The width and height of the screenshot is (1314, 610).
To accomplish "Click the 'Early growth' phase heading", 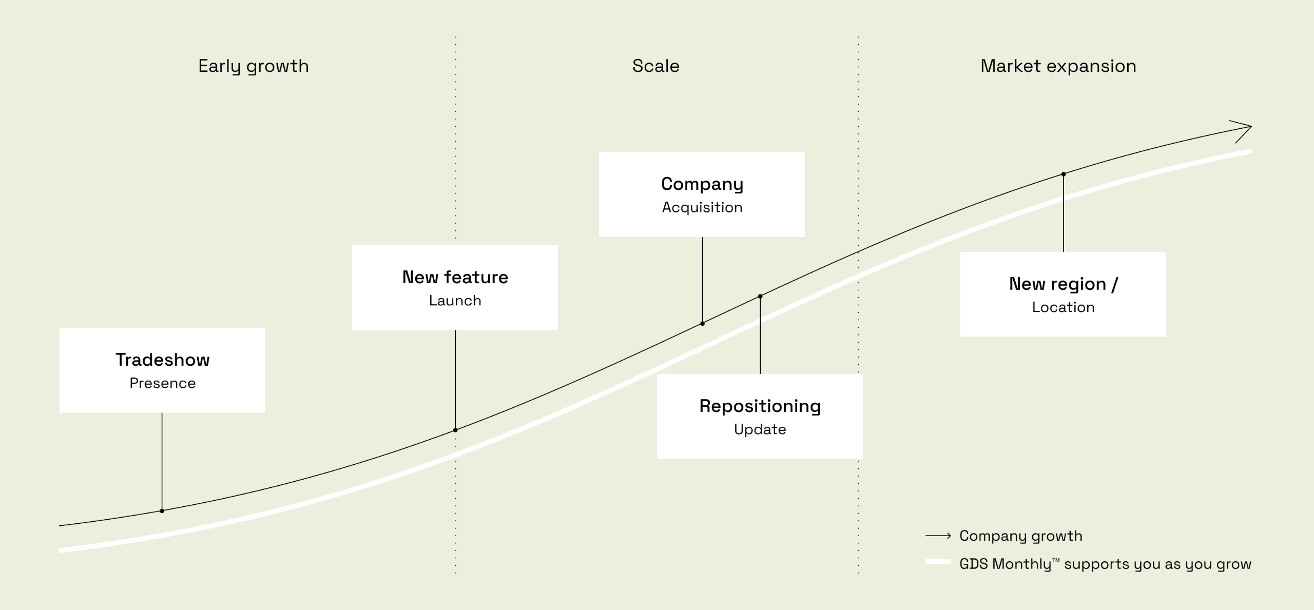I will coord(254,66).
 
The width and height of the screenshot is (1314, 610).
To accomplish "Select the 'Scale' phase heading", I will coord(655,66).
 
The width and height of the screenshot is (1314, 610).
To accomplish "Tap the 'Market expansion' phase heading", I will coord(1058,66).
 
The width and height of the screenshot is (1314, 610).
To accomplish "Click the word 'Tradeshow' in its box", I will coord(162,360).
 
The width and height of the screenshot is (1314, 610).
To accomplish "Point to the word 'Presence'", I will coord(162,383).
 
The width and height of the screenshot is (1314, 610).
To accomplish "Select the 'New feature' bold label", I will coord(455,277).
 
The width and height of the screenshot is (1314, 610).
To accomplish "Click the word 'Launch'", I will coord(455,301).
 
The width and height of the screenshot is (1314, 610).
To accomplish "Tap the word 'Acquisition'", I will coord(702,207).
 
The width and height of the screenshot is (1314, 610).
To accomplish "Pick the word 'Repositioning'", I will coord(760,406).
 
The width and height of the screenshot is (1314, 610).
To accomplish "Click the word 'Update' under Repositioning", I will coord(760,429).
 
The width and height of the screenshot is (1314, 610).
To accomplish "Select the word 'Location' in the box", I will coord(1063,307).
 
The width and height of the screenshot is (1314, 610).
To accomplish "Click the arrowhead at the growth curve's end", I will coord(1245,128).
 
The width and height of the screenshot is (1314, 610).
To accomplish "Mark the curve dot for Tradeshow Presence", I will coord(162,511).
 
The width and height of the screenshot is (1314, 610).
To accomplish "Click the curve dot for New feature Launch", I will coord(455,430).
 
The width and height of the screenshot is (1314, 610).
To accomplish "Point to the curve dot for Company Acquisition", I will coord(702,324).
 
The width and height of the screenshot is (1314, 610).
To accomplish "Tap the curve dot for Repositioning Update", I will coord(760,296).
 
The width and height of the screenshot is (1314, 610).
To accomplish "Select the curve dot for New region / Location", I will coord(1064,174).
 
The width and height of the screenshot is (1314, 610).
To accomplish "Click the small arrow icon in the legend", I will coord(938,536).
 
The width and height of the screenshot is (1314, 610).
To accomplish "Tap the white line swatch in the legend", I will coord(938,562).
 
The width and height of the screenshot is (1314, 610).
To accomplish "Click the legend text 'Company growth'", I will coord(1020,536).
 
